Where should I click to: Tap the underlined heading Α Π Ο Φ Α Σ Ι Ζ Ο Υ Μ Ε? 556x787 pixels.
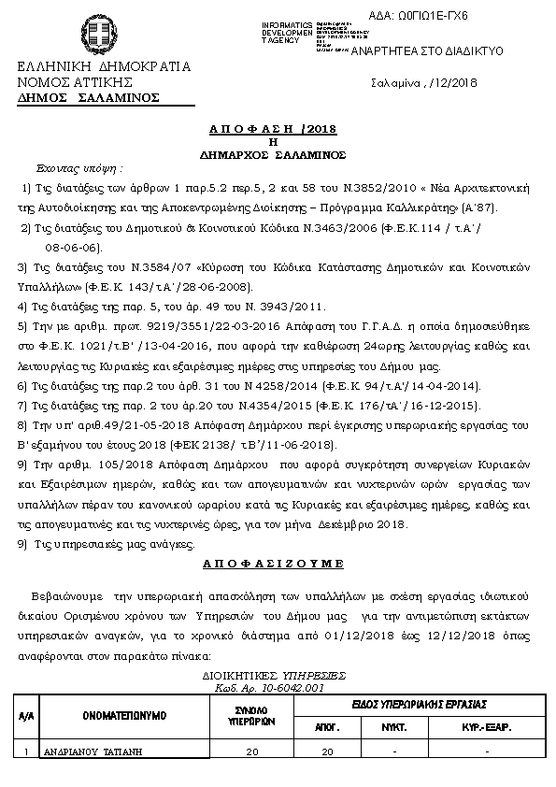click(x=274, y=564)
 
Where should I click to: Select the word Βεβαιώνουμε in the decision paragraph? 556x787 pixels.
click(x=67, y=595)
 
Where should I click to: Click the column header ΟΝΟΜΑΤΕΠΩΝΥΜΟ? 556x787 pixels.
click(x=123, y=715)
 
